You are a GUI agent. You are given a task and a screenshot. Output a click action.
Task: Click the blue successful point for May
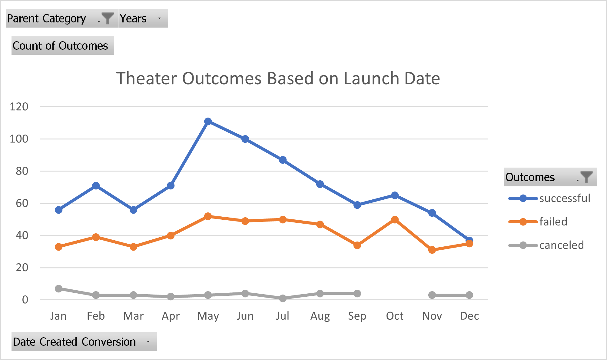[208, 122]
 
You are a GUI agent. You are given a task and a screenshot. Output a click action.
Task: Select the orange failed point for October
[395, 220]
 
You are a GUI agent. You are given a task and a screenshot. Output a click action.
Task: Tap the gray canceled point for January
[58, 288]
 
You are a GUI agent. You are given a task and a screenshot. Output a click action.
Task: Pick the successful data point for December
[469, 240]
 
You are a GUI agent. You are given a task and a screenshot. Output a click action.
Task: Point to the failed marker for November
[432, 250]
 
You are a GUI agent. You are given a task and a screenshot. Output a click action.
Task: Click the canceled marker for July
[283, 298]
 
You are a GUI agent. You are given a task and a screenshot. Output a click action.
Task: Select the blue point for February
[96, 185]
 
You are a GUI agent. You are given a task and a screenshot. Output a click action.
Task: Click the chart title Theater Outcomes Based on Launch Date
[278, 78]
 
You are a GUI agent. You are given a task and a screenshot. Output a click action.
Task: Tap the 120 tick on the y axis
[19, 107]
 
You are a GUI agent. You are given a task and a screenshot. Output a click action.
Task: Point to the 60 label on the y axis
[22, 203]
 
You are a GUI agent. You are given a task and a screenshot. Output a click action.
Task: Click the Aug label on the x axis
[320, 316]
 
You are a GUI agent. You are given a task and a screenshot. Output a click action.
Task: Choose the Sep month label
[357, 316]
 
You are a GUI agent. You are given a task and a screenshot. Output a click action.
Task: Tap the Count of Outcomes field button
[63, 46]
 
